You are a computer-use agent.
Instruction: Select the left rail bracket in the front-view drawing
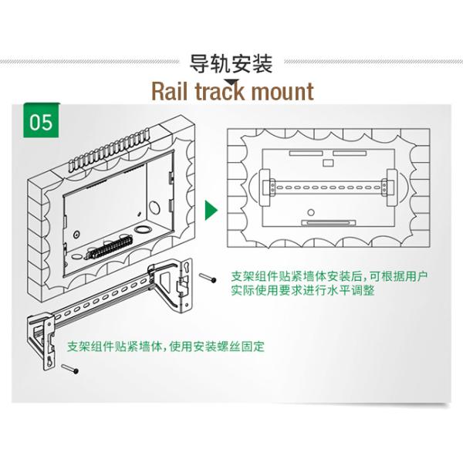click(269, 187)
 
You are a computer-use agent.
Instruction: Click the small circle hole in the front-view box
click(310, 212)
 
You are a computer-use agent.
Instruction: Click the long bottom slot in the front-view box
click(328, 223)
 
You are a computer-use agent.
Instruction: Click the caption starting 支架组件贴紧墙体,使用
click(165, 346)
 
